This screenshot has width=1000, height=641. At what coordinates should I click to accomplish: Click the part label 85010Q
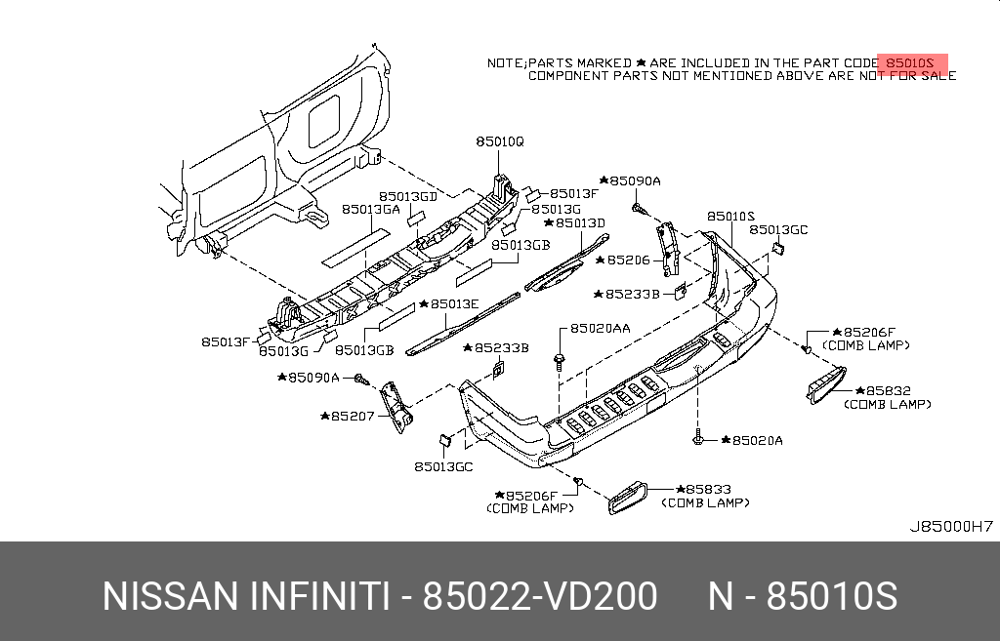500,141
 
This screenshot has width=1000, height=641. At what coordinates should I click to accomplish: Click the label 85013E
450,303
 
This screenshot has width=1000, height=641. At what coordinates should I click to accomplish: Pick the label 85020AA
600,329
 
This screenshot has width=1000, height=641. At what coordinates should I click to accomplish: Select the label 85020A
753,441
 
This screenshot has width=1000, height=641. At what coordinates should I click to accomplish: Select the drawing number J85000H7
951,526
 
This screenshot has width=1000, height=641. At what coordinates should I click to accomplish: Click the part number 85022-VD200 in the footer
539,596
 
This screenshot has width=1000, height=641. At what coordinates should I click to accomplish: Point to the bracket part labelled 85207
396,407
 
